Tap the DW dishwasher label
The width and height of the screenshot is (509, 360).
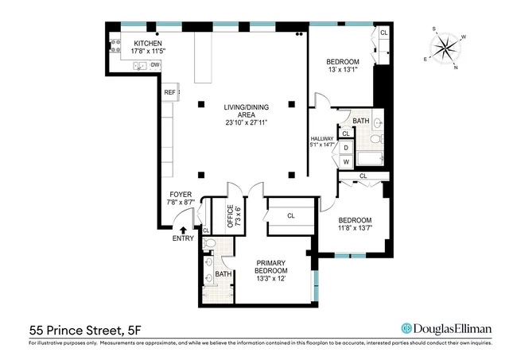coord(155,65)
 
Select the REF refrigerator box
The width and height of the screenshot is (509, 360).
coord(169,93)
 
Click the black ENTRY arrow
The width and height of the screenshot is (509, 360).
coord(184,230)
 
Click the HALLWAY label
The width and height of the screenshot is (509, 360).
coord(321,141)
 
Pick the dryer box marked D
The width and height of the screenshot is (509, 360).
coord(346,148)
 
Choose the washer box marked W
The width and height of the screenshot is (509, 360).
coord(346,161)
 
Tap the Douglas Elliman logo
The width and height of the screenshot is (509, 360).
coord(446,329)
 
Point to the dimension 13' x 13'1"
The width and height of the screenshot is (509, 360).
coord(343,70)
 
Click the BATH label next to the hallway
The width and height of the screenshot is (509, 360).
coord(361,122)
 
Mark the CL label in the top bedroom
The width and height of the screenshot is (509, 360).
coord(383,33)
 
